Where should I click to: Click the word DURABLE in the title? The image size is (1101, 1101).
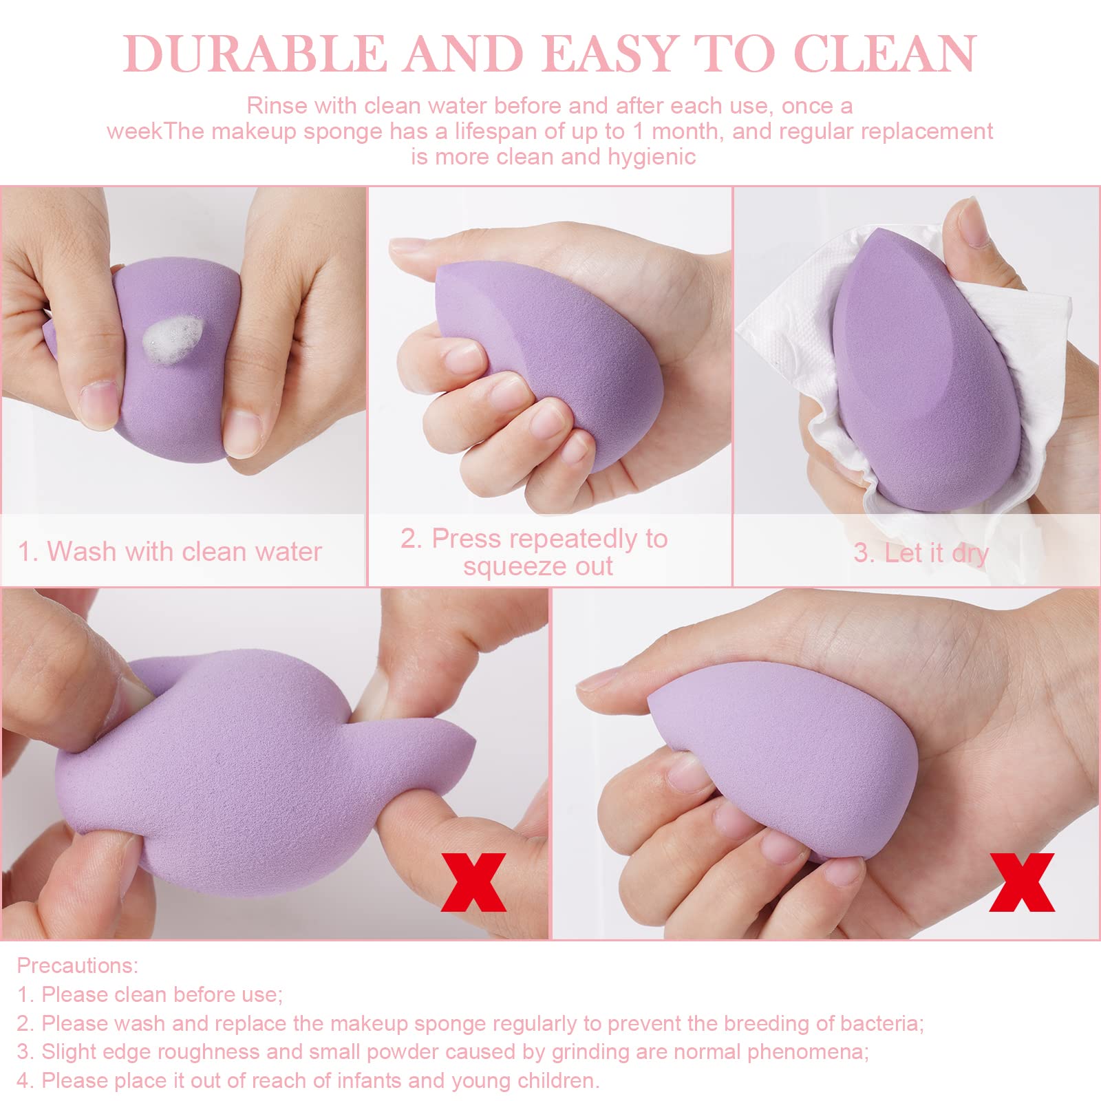[x=255, y=53]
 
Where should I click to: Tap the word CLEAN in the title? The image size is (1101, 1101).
[x=885, y=53]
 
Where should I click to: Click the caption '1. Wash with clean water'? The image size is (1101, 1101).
[x=170, y=551]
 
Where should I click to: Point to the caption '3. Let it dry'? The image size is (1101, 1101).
[x=921, y=553]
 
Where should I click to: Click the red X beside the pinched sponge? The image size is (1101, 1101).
[x=473, y=882]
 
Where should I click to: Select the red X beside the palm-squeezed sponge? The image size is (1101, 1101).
[x=1022, y=882]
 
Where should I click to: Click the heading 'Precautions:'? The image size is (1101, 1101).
[x=78, y=965]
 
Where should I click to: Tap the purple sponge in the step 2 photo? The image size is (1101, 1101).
[x=550, y=358]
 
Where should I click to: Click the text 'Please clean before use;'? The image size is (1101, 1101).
[x=162, y=994]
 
